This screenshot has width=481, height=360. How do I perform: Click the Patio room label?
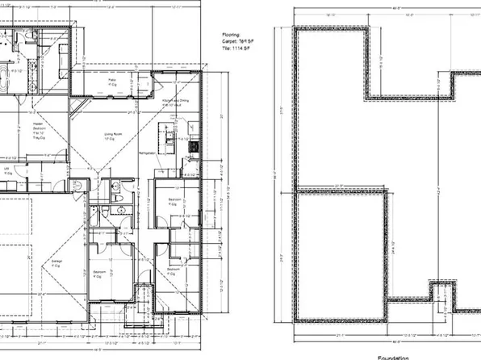[x=113, y=82]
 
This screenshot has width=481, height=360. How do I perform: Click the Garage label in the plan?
[x=57, y=262]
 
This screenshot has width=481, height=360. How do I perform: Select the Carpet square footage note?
[x=236, y=42]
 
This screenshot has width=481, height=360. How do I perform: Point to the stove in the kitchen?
[x=194, y=147]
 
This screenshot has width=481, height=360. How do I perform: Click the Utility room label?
[x=7, y=170]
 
